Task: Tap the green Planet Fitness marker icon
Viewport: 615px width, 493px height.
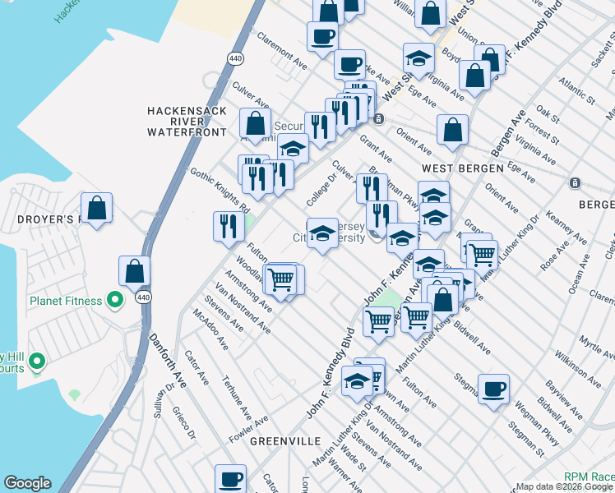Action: pos(115,301)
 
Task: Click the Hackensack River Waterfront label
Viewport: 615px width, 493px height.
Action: pos(186,121)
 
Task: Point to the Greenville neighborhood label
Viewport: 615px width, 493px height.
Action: pos(284,441)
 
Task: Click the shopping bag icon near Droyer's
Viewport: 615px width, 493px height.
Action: pos(97,208)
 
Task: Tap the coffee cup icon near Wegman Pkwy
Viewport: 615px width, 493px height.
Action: pos(493,389)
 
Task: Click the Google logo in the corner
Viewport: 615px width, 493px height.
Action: pos(27,483)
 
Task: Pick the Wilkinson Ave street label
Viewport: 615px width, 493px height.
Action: pos(576,367)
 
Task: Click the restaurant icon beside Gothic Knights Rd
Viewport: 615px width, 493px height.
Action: pos(228,225)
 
